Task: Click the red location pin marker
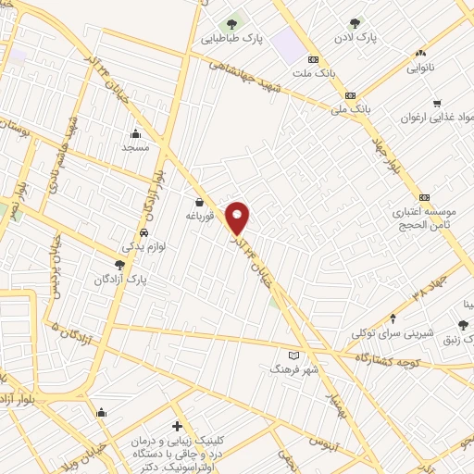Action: [238, 218]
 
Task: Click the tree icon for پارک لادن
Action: [355, 23]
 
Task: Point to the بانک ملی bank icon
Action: [350, 94]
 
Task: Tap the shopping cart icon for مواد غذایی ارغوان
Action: [436, 104]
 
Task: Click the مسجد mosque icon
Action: [136, 132]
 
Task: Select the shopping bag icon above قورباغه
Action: [199, 203]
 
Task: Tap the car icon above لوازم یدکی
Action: [143, 232]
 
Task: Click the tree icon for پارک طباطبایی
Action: [231, 23]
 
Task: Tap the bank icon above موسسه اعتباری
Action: [424, 196]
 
